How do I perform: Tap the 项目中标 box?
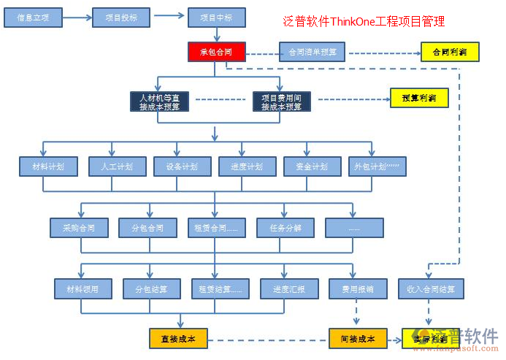click(x=216, y=18)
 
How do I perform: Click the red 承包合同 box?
click(x=216, y=52)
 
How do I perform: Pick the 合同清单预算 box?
click(x=312, y=52)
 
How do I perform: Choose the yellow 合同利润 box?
click(x=450, y=53)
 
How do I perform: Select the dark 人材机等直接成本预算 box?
click(x=159, y=101)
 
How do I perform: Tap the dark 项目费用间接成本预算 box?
click(x=282, y=101)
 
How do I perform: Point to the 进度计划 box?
click(x=247, y=166)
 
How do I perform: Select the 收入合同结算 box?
click(x=430, y=289)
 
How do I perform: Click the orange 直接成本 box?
click(x=178, y=338)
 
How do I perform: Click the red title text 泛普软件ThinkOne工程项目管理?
click(x=363, y=22)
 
